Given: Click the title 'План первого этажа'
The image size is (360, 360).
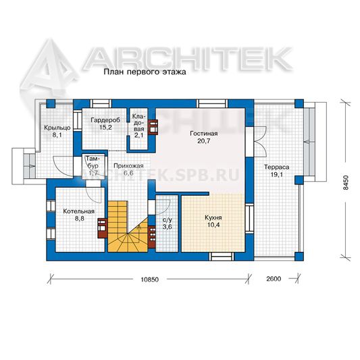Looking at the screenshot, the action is (145, 72).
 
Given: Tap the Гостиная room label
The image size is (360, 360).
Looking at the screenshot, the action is (204, 133).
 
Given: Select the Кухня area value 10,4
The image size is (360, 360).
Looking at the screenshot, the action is (213, 225).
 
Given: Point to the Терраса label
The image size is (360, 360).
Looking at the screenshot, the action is (276, 167).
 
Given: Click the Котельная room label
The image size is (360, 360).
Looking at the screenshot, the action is (79, 211).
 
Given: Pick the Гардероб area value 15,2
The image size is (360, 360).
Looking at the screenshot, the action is (105, 128).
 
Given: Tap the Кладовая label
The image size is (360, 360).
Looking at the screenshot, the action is (138, 126).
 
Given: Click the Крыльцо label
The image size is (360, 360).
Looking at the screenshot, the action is (57, 128).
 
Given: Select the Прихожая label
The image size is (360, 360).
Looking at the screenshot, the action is (128, 165).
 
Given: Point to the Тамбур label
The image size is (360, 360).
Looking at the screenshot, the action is (93, 162).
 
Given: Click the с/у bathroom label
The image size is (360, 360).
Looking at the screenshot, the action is (167, 220).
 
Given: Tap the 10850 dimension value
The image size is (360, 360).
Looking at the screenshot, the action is (150, 280).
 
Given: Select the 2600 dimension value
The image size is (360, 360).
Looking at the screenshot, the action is (274, 279).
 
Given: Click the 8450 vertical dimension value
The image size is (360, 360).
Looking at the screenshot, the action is (346, 183).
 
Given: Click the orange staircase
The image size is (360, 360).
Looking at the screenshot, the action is (128, 226).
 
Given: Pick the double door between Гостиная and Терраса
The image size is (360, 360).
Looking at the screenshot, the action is (260, 141).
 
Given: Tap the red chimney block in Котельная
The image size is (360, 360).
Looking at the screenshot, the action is (103, 228).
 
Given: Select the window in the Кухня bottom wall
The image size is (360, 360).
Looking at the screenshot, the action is (222, 257).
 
